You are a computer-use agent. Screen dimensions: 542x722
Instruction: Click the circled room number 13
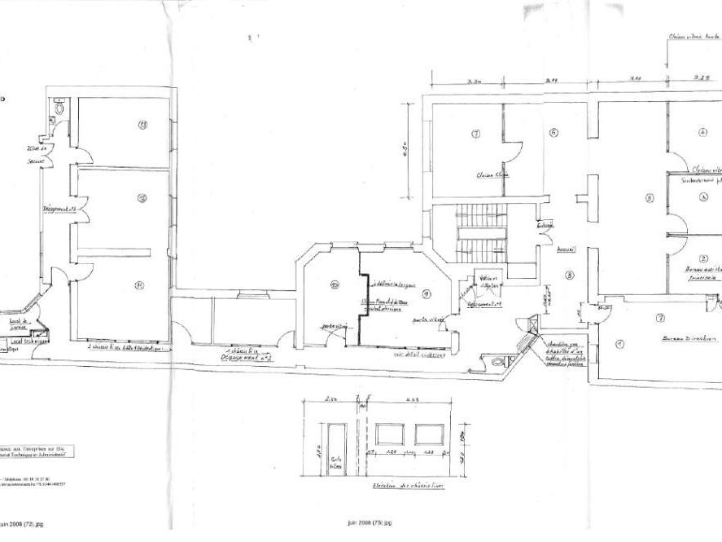pos(142,125)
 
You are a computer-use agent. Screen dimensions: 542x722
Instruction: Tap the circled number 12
pos(142,198)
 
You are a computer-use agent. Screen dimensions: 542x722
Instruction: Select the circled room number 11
pos(140,285)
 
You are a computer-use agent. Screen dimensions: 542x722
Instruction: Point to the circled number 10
pos(335,284)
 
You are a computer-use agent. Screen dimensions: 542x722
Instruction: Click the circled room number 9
pos(426,293)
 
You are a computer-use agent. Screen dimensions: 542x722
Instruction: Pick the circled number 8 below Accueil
pos(570,275)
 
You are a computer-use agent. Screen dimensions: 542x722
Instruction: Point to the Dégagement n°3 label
pos(59,209)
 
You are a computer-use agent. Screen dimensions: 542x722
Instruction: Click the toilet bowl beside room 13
pos(59,108)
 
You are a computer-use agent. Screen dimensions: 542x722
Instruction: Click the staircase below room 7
pos(481,232)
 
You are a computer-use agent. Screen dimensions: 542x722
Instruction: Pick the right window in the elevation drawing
pos(429,434)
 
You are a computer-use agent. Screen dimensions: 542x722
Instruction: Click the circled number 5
pos(650,198)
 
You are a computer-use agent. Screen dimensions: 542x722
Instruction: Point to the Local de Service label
pos(18,324)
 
